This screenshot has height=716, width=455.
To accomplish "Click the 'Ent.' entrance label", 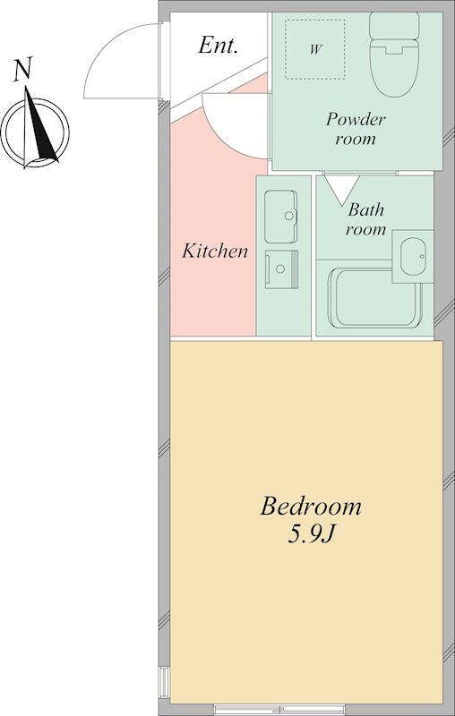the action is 218,46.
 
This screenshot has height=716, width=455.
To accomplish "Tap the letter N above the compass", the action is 22,70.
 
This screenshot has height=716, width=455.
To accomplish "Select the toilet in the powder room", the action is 394,55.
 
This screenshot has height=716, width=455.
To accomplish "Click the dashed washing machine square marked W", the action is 315,49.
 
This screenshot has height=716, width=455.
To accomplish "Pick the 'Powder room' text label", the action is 356,129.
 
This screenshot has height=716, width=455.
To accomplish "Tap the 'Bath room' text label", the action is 365,219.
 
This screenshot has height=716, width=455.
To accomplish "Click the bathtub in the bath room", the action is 374,298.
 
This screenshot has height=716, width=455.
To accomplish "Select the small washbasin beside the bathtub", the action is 413,256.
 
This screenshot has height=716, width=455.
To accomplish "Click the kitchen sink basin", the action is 281,217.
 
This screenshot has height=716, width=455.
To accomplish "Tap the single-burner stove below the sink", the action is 281,269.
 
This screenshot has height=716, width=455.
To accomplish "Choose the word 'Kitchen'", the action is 215,251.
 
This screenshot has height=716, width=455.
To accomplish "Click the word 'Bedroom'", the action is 311,507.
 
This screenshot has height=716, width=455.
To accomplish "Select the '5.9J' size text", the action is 312,533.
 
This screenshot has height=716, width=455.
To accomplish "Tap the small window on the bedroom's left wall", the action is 164,682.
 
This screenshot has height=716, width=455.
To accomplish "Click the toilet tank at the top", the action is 394,25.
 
